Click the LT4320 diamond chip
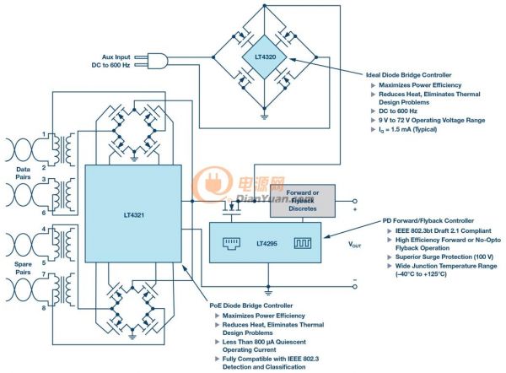[x=264, y=57]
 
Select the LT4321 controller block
[x=133, y=214]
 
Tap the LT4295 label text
[x=266, y=244]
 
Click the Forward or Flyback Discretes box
[x=303, y=201]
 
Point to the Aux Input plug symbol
[x=155, y=61]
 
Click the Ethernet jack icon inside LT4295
[x=231, y=243]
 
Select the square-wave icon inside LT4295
[x=303, y=243]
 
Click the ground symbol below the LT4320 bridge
[x=264, y=116]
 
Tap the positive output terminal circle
[x=355, y=201]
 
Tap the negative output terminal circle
[x=355, y=286]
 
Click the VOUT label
[x=354, y=245]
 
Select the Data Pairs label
[x=23, y=173]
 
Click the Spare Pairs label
[x=23, y=268]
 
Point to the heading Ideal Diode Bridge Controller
[x=408, y=75]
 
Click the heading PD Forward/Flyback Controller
[x=428, y=221]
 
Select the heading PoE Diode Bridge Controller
[x=251, y=305]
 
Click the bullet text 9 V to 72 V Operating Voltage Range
[x=432, y=120]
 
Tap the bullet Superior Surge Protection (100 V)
[x=444, y=257]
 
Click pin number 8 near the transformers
[x=44, y=308]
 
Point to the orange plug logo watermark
[x=212, y=183]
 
